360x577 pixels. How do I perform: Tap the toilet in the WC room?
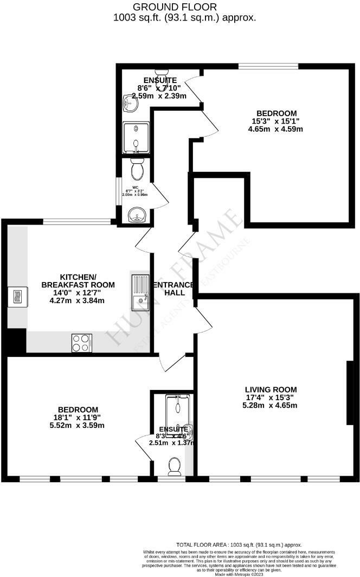coord(137,169)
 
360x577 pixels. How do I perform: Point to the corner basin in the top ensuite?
coord(130,101)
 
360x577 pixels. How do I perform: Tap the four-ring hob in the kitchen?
coord(82,343)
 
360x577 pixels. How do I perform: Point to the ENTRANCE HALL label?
coord(173,288)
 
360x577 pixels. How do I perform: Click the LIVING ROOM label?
coord(271,389)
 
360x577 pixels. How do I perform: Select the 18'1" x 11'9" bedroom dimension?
coord(78,418)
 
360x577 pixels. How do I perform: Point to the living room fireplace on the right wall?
coord(350,392)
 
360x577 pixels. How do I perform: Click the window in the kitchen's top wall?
coord(77,221)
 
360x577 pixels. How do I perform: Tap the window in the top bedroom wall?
coord(269,67)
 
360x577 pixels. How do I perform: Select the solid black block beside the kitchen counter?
coord(15,342)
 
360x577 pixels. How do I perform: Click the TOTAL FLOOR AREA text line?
coord(239,544)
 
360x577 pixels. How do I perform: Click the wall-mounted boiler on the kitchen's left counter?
coord(16,297)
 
